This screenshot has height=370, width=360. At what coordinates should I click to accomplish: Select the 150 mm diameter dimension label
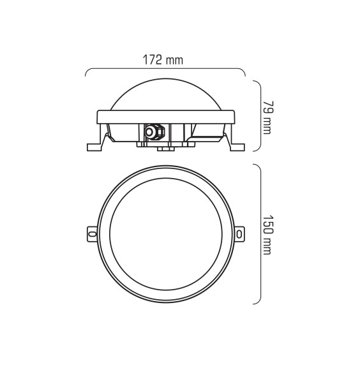pos(267,234)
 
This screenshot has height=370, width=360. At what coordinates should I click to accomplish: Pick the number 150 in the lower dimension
pos(267,223)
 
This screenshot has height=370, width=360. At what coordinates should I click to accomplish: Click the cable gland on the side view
pos(153,131)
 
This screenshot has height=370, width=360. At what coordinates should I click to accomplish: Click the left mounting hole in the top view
pos(91,234)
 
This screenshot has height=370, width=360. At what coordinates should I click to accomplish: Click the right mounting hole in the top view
pos(239,234)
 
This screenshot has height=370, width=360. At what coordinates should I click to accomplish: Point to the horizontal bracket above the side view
pos(165,69)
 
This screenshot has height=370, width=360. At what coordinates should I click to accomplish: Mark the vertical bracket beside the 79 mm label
pos(257,115)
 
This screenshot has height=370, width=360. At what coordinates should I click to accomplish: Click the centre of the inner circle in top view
pos(165,234)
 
